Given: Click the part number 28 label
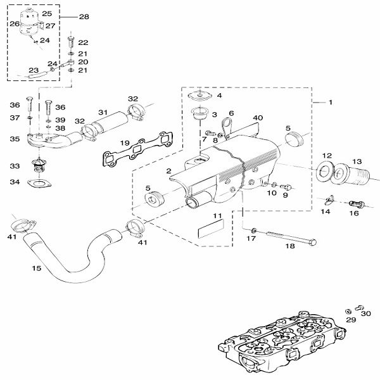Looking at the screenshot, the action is pos(84,16).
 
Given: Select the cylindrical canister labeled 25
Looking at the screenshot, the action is pos(29,22).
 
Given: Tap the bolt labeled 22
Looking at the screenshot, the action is pos(71,42).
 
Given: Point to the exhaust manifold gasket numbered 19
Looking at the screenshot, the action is pos(138,149).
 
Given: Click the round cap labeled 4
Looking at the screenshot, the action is pos(200,95).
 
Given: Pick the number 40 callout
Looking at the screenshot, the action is pos(258,118).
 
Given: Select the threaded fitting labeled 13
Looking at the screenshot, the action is pos(351,174).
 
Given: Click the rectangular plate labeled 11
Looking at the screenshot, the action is pos(211,229).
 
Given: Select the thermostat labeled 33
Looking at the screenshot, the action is pos(39,165).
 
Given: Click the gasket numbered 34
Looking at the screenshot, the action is pos(39,184).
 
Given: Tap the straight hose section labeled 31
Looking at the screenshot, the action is pos(110,122).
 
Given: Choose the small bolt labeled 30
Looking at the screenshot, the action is pos(359,308).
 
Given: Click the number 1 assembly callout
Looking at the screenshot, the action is pos(331,103).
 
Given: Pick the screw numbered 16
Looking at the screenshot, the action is pos(357,204).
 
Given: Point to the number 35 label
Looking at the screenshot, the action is pos(15,139).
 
